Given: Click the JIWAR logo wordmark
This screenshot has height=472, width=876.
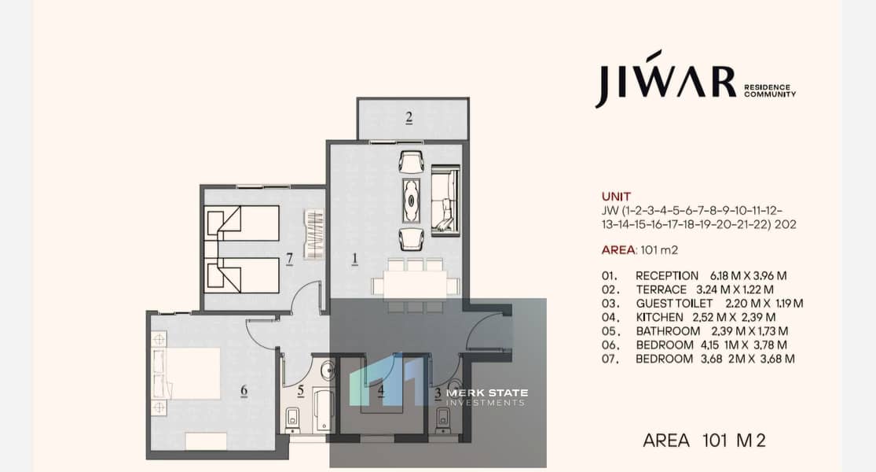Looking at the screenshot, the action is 665,79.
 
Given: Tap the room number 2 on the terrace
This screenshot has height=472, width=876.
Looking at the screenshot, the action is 409,118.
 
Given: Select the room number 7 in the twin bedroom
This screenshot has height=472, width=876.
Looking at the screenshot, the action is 289,259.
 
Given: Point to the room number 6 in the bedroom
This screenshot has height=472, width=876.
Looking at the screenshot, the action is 244,390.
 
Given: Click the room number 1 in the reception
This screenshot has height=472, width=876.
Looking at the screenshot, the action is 354,258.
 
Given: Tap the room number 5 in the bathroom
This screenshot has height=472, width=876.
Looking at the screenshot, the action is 301,390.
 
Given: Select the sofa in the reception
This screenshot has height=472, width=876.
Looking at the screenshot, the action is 445,198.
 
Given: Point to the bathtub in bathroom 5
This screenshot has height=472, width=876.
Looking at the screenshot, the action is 323,410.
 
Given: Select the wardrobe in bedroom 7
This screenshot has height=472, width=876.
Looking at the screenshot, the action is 314,234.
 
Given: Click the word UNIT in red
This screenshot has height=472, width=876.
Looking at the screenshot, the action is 616,197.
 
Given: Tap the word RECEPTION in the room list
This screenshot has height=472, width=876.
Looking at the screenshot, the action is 666,275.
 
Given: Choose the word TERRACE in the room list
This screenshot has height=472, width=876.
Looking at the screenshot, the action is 661,289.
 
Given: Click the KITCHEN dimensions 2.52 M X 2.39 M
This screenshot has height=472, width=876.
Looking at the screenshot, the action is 734,317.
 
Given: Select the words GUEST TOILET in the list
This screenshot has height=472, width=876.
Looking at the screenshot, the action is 674,303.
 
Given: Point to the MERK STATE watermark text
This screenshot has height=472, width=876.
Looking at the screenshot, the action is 486,393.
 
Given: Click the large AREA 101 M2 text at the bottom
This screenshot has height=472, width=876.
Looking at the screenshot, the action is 704,441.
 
